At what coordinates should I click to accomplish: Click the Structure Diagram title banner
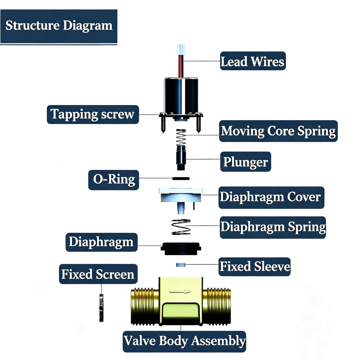click(59, 26)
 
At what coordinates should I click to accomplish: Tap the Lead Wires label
click(253, 61)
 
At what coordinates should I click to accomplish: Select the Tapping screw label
click(93, 114)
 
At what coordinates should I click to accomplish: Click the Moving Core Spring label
click(278, 131)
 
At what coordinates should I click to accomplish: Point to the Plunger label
click(246, 162)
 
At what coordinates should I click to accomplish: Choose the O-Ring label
click(114, 180)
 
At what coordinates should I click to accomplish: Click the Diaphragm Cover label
click(271, 198)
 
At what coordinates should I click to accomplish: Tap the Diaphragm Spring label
click(273, 227)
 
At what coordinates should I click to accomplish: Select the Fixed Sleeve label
click(255, 267)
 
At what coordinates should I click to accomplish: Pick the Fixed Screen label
click(98, 274)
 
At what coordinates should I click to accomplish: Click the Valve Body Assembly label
click(184, 341)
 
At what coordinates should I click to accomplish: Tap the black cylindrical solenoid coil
click(181, 96)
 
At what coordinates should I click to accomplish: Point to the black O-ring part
click(181, 178)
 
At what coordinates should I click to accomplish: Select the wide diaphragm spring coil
click(181, 227)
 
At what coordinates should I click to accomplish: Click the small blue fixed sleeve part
click(181, 265)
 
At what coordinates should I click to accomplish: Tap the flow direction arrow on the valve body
click(180, 292)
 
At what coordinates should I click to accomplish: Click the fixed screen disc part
click(101, 308)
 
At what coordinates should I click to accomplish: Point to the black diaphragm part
click(181, 249)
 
